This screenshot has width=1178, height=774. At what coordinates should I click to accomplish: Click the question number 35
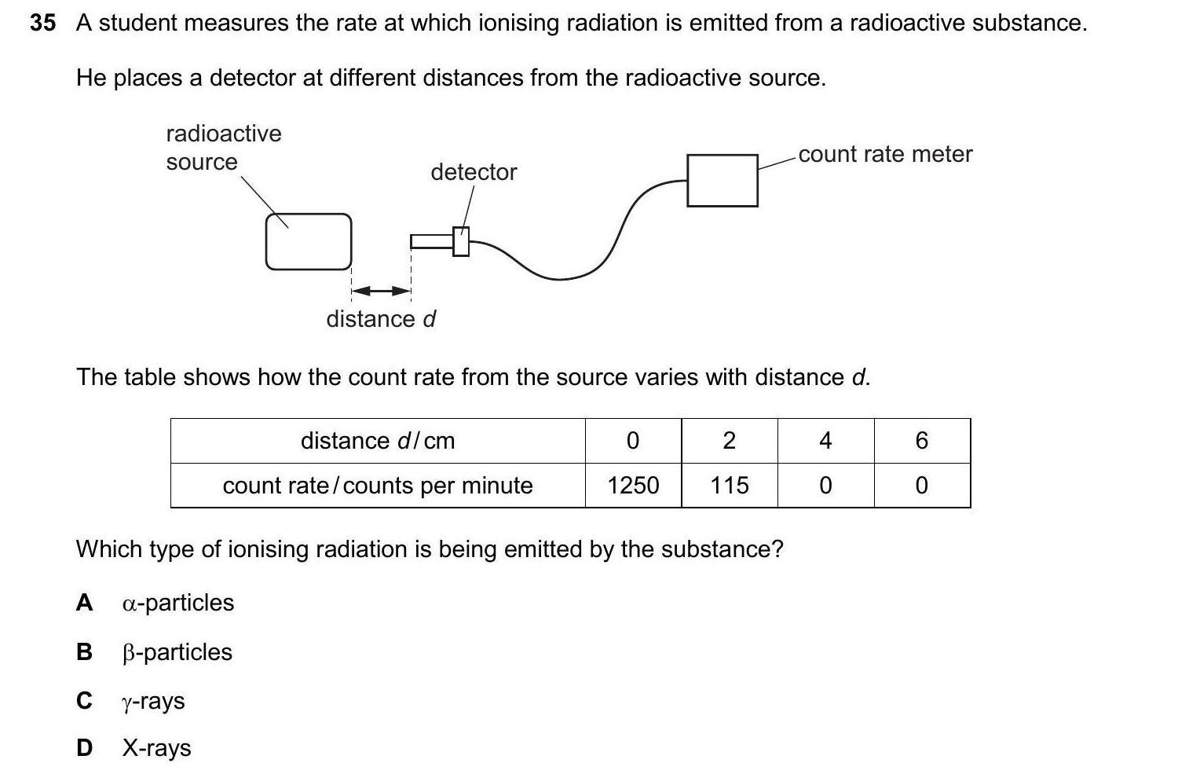tap(43, 24)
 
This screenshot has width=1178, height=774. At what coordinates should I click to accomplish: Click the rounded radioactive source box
tap(308, 241)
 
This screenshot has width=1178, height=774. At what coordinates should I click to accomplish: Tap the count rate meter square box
tap(722, 181)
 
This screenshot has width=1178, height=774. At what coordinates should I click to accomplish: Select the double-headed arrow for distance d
tap(381, 292)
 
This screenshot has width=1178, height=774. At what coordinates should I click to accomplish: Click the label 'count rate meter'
tap(885, 154)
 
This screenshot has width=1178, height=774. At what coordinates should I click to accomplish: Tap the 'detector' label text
tap(474, 172)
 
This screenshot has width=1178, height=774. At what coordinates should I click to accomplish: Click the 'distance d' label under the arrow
tap(381, 319)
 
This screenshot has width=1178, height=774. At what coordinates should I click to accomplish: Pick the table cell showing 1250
tap(633, 486)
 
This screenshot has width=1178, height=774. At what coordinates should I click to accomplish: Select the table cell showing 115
tap(729, 486)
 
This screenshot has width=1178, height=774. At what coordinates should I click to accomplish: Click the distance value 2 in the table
tap(729, 441)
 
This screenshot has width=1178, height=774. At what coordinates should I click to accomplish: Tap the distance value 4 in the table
tap(825, 441)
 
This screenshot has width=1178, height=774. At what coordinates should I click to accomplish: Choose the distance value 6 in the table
tap(922, 441)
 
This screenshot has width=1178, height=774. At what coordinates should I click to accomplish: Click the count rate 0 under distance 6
tap(922, 486)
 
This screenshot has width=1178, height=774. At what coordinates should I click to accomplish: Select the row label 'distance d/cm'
tap(378, 441)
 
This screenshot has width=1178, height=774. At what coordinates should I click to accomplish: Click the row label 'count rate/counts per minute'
tap(378, 486)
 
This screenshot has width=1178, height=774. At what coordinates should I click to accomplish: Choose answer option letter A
tap(84, 603)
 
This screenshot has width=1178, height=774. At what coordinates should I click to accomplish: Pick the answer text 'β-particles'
tap(177, 652)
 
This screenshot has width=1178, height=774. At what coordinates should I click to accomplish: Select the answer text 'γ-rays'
tap(154, 701)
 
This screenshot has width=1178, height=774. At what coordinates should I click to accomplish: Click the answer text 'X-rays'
tap(156, 748)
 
